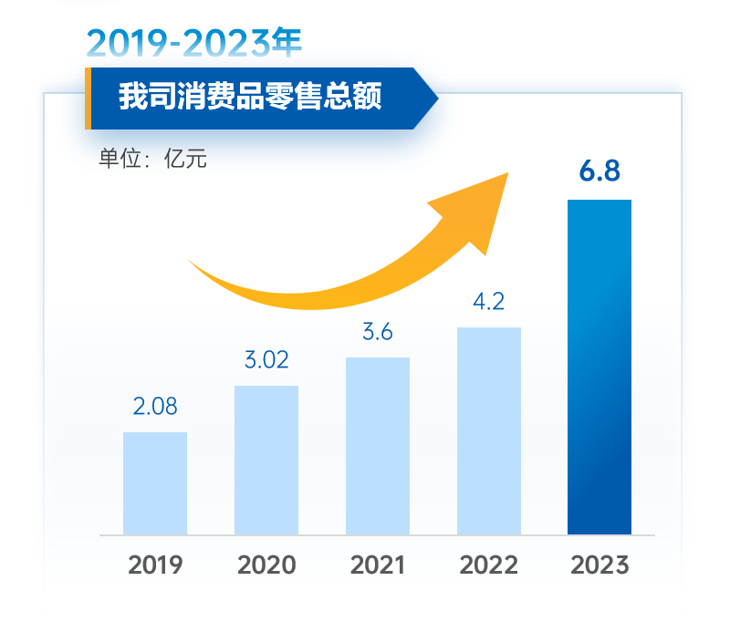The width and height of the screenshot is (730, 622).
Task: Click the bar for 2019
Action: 155,483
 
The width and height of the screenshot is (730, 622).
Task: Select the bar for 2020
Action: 266,461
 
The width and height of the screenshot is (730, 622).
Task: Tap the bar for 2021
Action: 378,446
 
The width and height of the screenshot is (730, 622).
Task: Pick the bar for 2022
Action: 489,430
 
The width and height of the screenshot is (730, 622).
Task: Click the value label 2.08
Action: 155,407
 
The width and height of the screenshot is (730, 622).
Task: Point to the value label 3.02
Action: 266,360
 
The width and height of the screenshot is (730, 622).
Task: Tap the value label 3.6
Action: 378,332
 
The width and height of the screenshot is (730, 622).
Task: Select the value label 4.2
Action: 489,302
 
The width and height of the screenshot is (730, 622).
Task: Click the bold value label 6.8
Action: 600,171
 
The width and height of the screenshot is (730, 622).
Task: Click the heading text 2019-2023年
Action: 193,42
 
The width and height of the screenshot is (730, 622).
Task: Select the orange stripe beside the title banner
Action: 88,98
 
